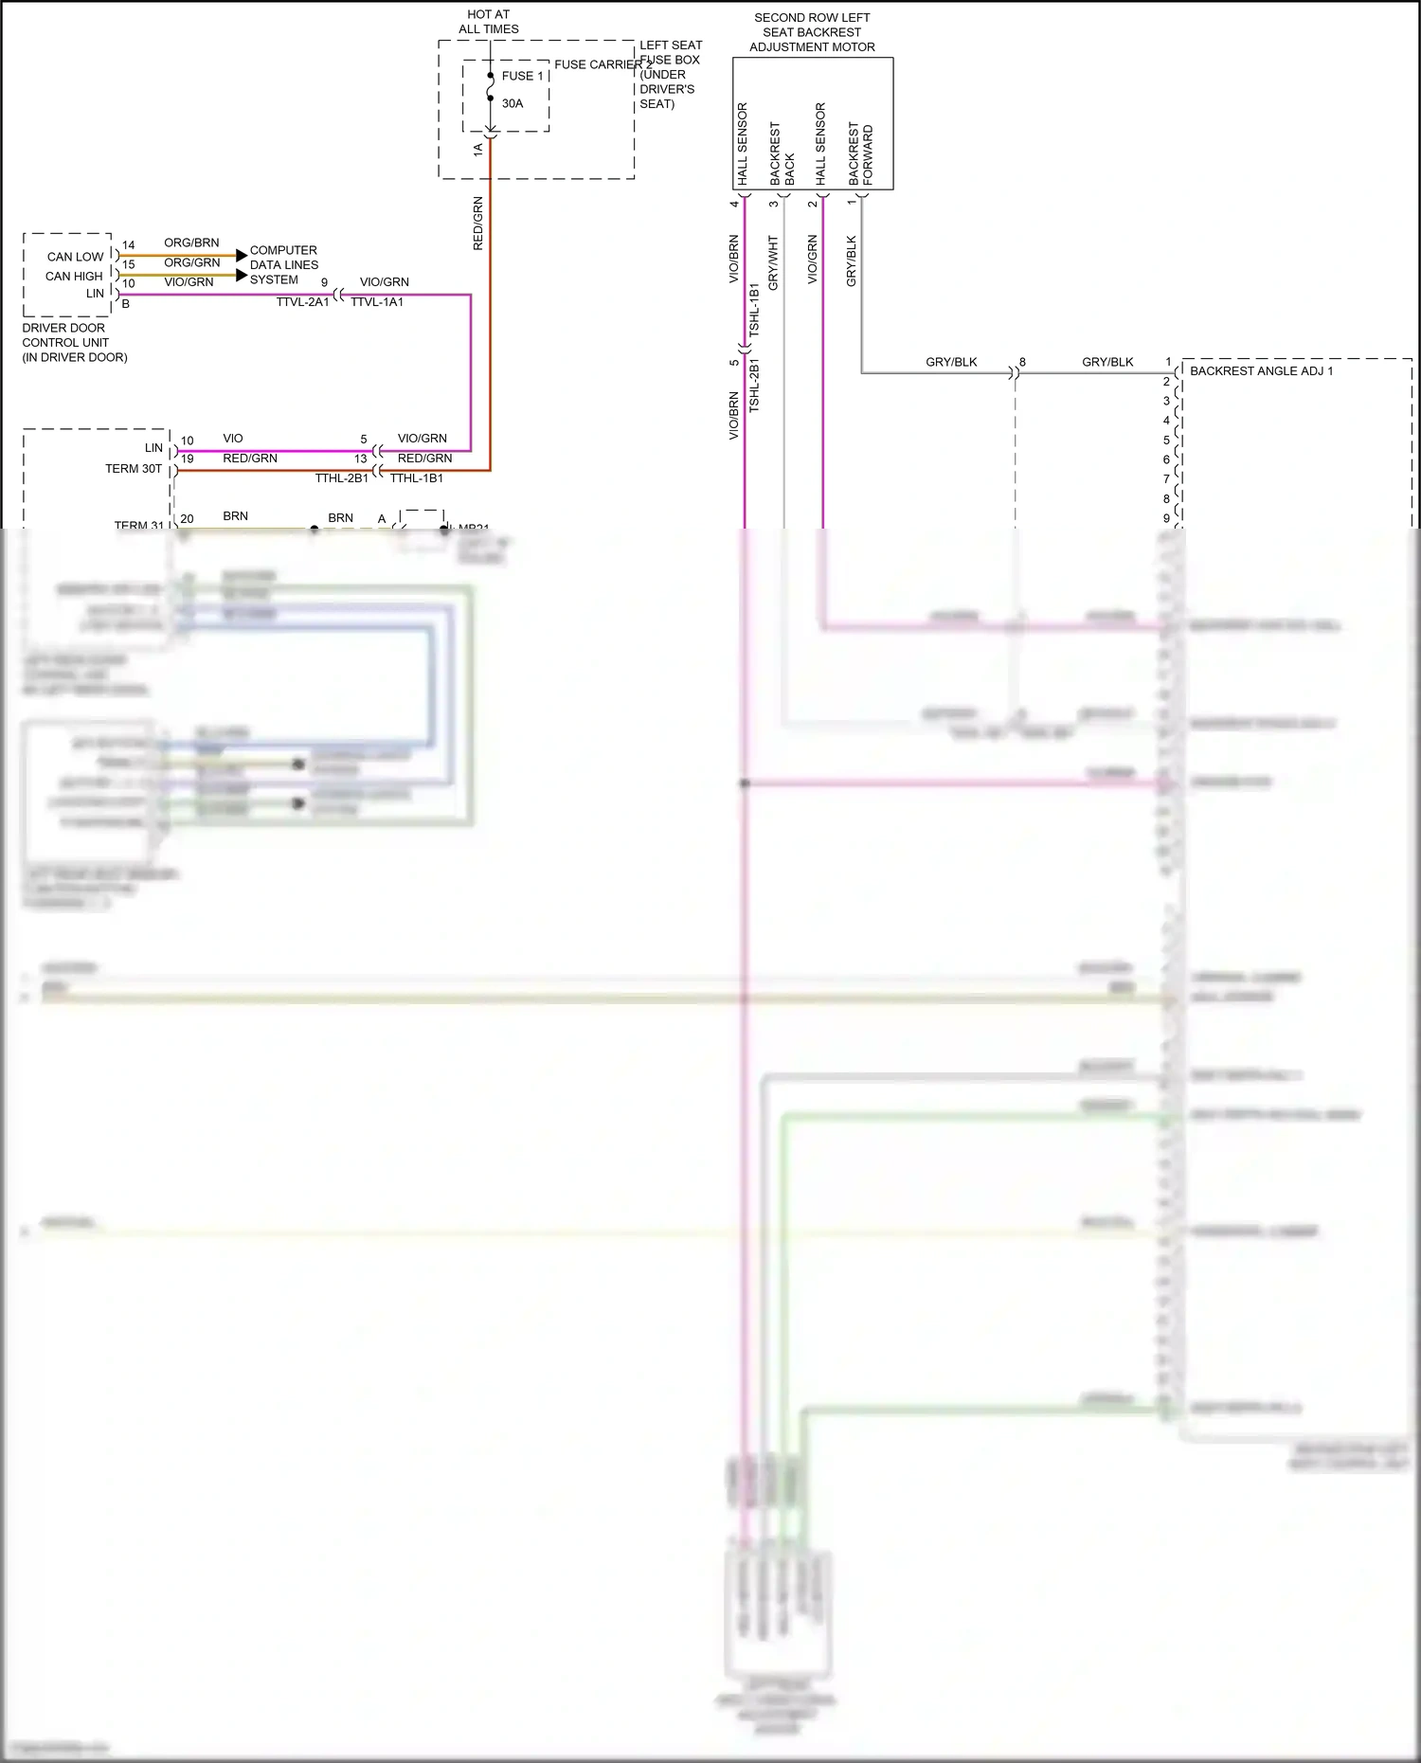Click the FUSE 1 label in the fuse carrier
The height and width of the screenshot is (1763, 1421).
pyautogui.click(x=522, y=76)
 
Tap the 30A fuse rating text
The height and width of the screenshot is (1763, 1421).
pyautogui.click(x=513, y=103)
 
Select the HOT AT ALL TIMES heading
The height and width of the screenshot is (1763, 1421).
pyautogui.click(x=488, y=22)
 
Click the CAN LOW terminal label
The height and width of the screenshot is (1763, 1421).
pyautogui.click(x=75, y=257)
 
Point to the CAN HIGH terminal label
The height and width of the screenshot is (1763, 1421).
pyautogui.click(x=74, y=276)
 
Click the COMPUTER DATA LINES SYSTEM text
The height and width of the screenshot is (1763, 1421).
pyautogui.click(x=283, y=265)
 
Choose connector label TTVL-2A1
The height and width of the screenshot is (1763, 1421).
pyautogui.click(x=302, y=302)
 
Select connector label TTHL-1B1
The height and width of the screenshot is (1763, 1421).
pyautogui.click(x=417, y=478)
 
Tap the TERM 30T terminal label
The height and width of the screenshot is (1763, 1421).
pyautogui.click(x=134, y=469)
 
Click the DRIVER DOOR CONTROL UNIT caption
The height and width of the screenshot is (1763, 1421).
pyautogui.click(x=74, y=342)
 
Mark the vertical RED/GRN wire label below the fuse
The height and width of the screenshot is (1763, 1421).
pyautogui.click(x=477, y=224)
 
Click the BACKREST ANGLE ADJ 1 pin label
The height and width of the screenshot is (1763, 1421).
pyautogui.click(x=1261, y=370)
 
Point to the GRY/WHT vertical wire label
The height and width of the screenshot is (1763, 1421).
pyautogui.click(x=773, y=262)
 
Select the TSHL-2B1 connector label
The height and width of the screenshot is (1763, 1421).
pyautogui.click(x=754, y=385)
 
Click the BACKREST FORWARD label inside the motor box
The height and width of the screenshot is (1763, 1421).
pyautogui.click(x=860, y=153)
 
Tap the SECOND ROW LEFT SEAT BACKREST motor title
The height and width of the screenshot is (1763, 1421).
pyautogui.click(x=812, y=32)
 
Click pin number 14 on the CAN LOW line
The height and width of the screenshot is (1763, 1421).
pyautogui.click(x=128, y=245)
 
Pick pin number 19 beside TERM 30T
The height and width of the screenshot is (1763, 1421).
pyautogui.click(x=187, y=459)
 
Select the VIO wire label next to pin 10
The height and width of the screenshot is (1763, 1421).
pyautogui.click(x=233, y=439)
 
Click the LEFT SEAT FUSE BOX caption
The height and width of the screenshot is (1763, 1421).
pyautogui.click(x=669, y=74)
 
